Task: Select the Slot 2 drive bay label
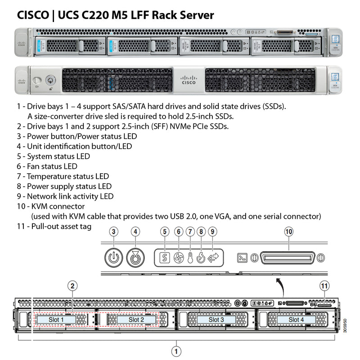point(136,319)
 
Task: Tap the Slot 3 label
point(216,319)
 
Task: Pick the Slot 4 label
point(296,319)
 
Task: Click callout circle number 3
point(114,232)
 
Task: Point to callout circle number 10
point(288,232)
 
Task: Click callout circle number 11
point(324,285)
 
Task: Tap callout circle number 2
point(72,285)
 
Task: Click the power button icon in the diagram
point(114,258)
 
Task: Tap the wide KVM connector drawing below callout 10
point(288,258)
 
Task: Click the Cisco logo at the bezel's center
point(188,80)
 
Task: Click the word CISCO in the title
point(32,15)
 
